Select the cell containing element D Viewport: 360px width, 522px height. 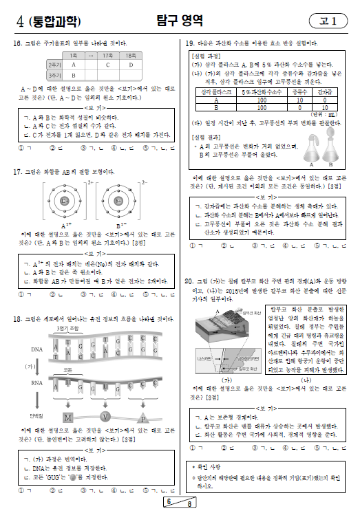(x=131, y=65)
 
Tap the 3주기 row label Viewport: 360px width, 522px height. (x=55, y=74)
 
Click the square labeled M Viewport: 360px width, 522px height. (x=67, y=417)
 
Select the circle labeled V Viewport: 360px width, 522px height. (x=105, y=417)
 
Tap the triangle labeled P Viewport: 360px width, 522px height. (x=142, y=417)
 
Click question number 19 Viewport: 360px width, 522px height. (x=190, y=43)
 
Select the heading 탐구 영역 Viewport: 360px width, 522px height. (x=180, y=21)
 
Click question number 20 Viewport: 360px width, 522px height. (x=190, y=281)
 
